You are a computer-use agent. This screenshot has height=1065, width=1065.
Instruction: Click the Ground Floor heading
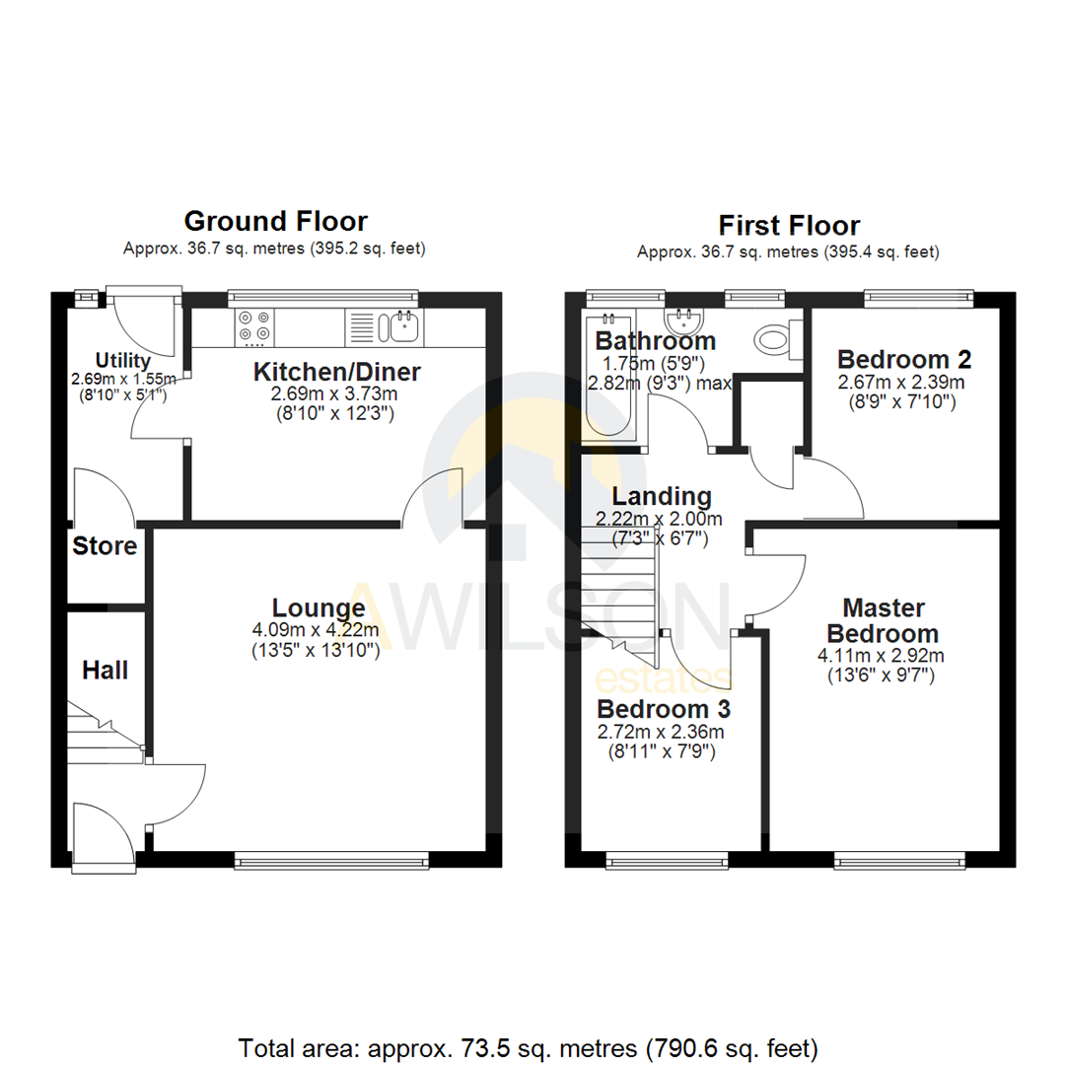[275, 221]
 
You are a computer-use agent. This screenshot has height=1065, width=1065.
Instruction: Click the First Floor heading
[789, 226]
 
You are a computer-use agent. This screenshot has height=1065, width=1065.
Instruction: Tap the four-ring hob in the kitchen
[255, 327]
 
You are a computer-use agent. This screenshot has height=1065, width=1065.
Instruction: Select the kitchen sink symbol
[403, 325]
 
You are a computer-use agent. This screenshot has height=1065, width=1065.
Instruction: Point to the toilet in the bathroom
[774, 340]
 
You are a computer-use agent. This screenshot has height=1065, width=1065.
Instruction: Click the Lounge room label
[318, 608]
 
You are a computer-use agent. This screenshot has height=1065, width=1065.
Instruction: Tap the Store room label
[105, 546]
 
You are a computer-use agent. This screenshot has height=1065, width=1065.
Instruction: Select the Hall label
[105, 671]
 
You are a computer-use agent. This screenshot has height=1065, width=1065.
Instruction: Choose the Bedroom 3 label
[664, 709]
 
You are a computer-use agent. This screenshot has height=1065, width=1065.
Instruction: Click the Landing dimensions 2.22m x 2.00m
[659, 519]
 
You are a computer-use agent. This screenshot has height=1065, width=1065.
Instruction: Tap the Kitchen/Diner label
[337, 373]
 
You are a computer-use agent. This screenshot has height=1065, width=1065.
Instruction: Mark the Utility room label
[122, 360]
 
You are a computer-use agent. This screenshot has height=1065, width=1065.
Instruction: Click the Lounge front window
[332, 861]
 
